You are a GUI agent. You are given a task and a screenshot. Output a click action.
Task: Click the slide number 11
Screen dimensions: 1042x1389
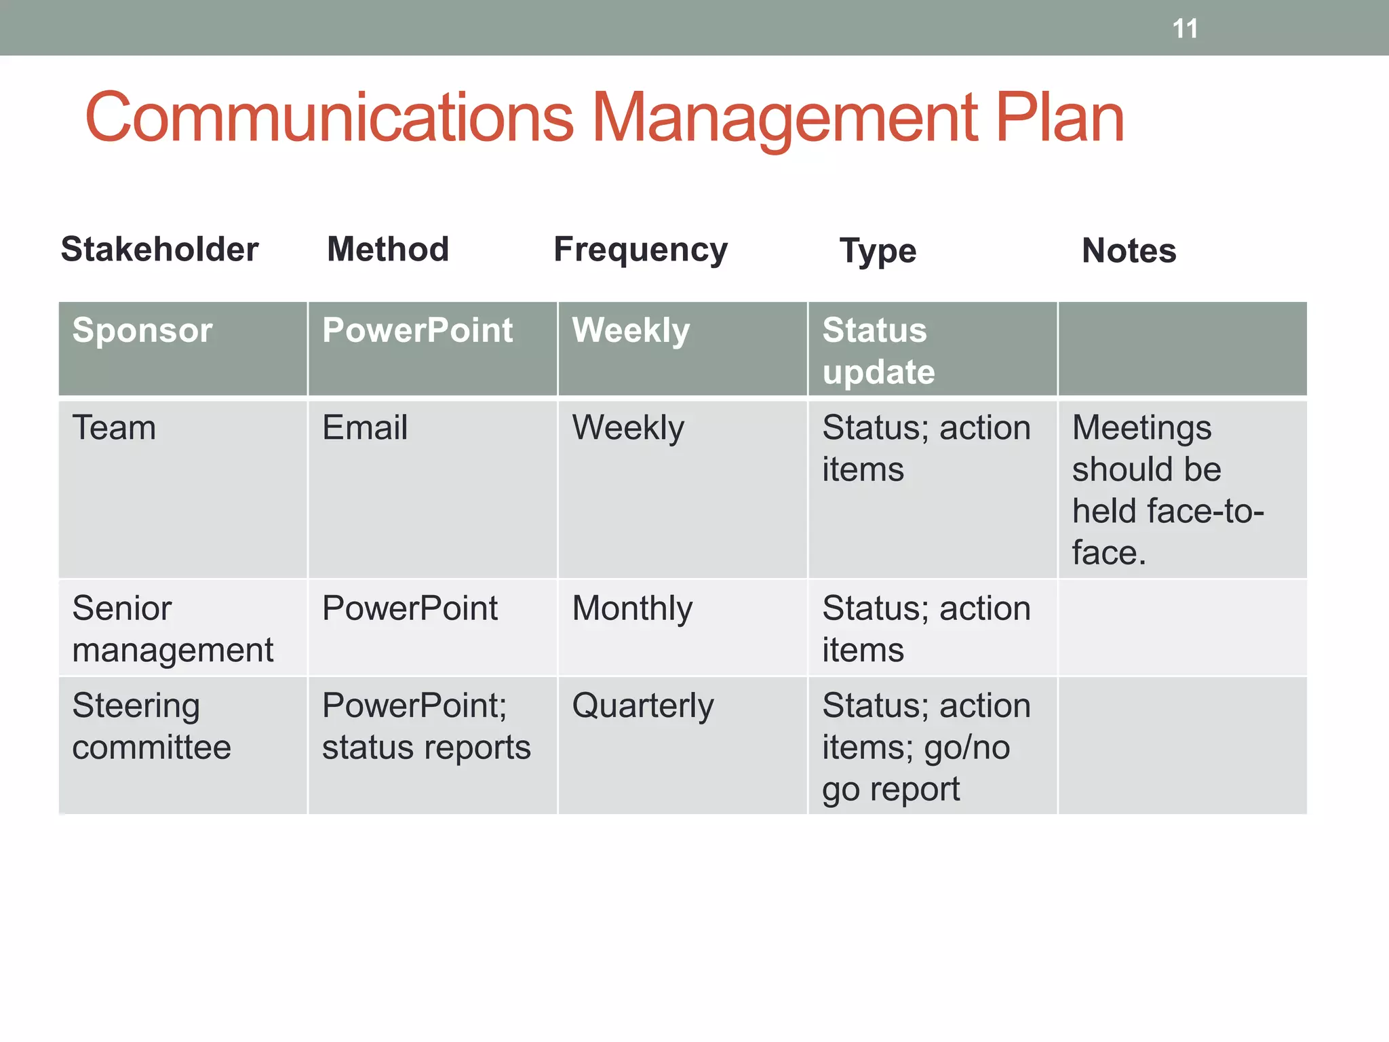point(1185,29)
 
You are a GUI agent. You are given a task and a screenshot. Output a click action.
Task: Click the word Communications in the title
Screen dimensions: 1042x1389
point(329,118)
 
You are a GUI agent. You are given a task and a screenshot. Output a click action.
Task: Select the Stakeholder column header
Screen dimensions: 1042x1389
point(159,249)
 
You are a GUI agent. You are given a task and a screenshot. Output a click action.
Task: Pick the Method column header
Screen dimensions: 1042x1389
point(388,249)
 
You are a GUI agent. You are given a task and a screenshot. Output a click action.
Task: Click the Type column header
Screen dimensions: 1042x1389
point(878,251)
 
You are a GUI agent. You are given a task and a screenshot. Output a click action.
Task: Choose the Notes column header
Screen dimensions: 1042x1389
point(1129,250)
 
